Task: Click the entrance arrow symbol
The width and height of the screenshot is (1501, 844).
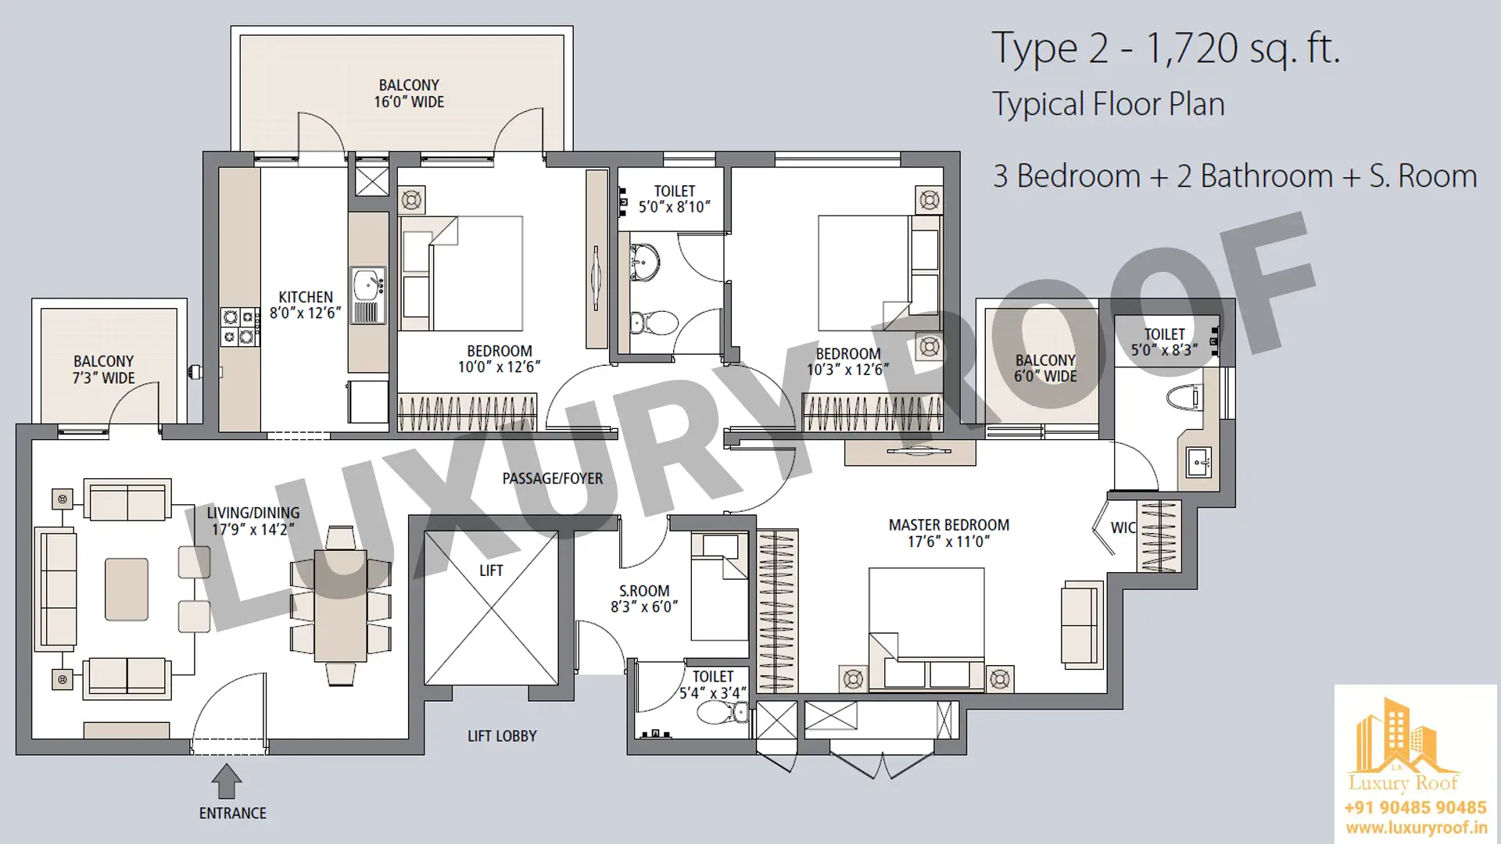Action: (x=227, y=781)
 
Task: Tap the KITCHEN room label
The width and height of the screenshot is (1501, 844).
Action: (x=306, y=297)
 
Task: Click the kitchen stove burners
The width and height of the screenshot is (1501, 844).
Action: (x=239, y=327)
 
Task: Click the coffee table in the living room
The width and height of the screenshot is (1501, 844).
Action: (x=127, y=589)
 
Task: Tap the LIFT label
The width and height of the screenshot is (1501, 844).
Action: (x=491, y=570)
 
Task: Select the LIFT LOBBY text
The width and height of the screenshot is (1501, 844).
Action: (x=502, y=736)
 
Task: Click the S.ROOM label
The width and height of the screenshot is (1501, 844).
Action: (x=644, y=591)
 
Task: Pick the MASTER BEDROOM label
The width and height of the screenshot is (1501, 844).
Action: (x=949, y=525)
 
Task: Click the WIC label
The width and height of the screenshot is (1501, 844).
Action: (x=1123, y=527)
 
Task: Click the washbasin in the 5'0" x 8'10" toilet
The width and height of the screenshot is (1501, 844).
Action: (x=645, y=261)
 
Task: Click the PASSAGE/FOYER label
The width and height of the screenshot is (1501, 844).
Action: (x=553, y=478)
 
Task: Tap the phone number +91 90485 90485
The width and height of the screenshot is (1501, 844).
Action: (x=1416, y=807)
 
